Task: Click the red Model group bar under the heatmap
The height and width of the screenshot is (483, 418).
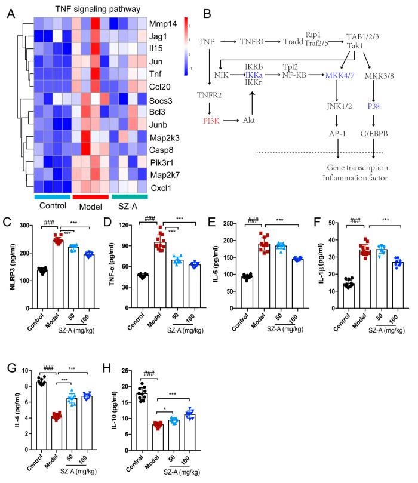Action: (x=90, y=196)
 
